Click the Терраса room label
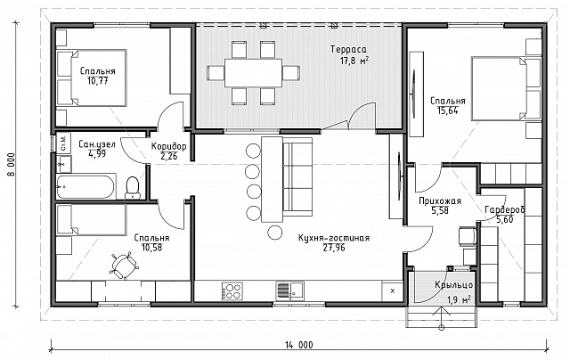click(348, 49)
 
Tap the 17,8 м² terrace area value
click(354, 61)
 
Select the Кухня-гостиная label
click(334, 238)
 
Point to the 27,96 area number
click(334, 248)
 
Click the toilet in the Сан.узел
click(133, 187)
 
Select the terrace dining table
click(253, 73)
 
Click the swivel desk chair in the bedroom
click(124, 265)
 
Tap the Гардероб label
click(505, 209)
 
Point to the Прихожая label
click(440, 201)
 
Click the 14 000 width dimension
click(299, 345)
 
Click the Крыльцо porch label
click(453, 285)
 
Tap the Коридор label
click(168, 146)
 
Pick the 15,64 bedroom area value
click(448, 110)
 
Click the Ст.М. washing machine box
click(62, 143)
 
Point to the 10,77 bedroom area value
click(97, 81)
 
